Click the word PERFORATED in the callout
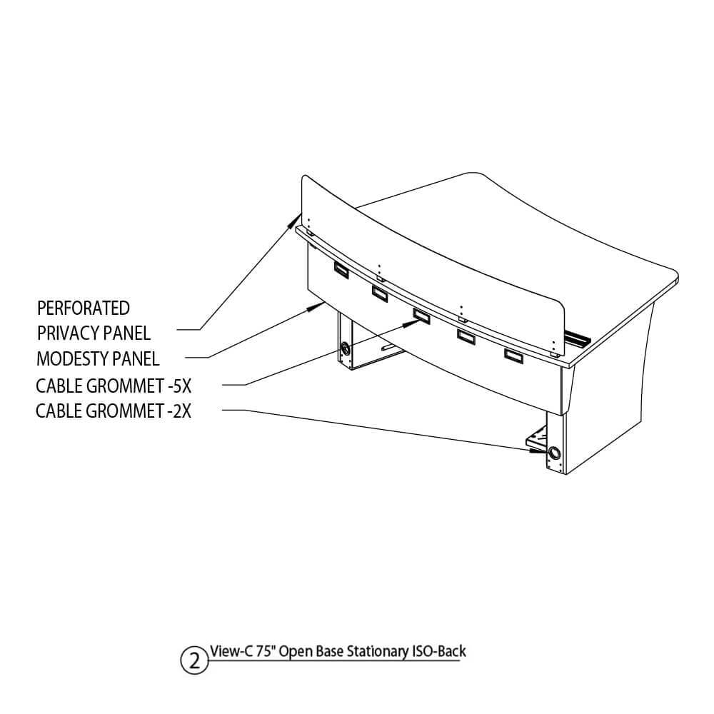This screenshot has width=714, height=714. (84, 308)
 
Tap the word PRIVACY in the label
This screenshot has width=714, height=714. (67, 333)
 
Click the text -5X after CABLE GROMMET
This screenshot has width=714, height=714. (179, 386)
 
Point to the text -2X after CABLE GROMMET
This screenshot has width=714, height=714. (178, 411)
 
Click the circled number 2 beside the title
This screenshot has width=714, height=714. (194, 660)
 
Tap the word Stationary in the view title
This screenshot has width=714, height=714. (377, 652)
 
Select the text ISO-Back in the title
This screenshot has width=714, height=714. (438, 651)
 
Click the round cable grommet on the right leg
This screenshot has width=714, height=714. (555, 453)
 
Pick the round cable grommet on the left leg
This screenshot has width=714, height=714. (346, 349)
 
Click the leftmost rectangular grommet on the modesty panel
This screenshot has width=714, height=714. (341, 270)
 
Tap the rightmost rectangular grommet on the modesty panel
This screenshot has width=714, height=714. (513, 356)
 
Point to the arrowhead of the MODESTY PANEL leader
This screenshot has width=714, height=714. (313, 307)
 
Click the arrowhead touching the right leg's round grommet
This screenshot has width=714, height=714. (538, 451)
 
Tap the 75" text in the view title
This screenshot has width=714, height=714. (265, 651)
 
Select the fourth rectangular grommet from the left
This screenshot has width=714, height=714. (466, 336)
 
